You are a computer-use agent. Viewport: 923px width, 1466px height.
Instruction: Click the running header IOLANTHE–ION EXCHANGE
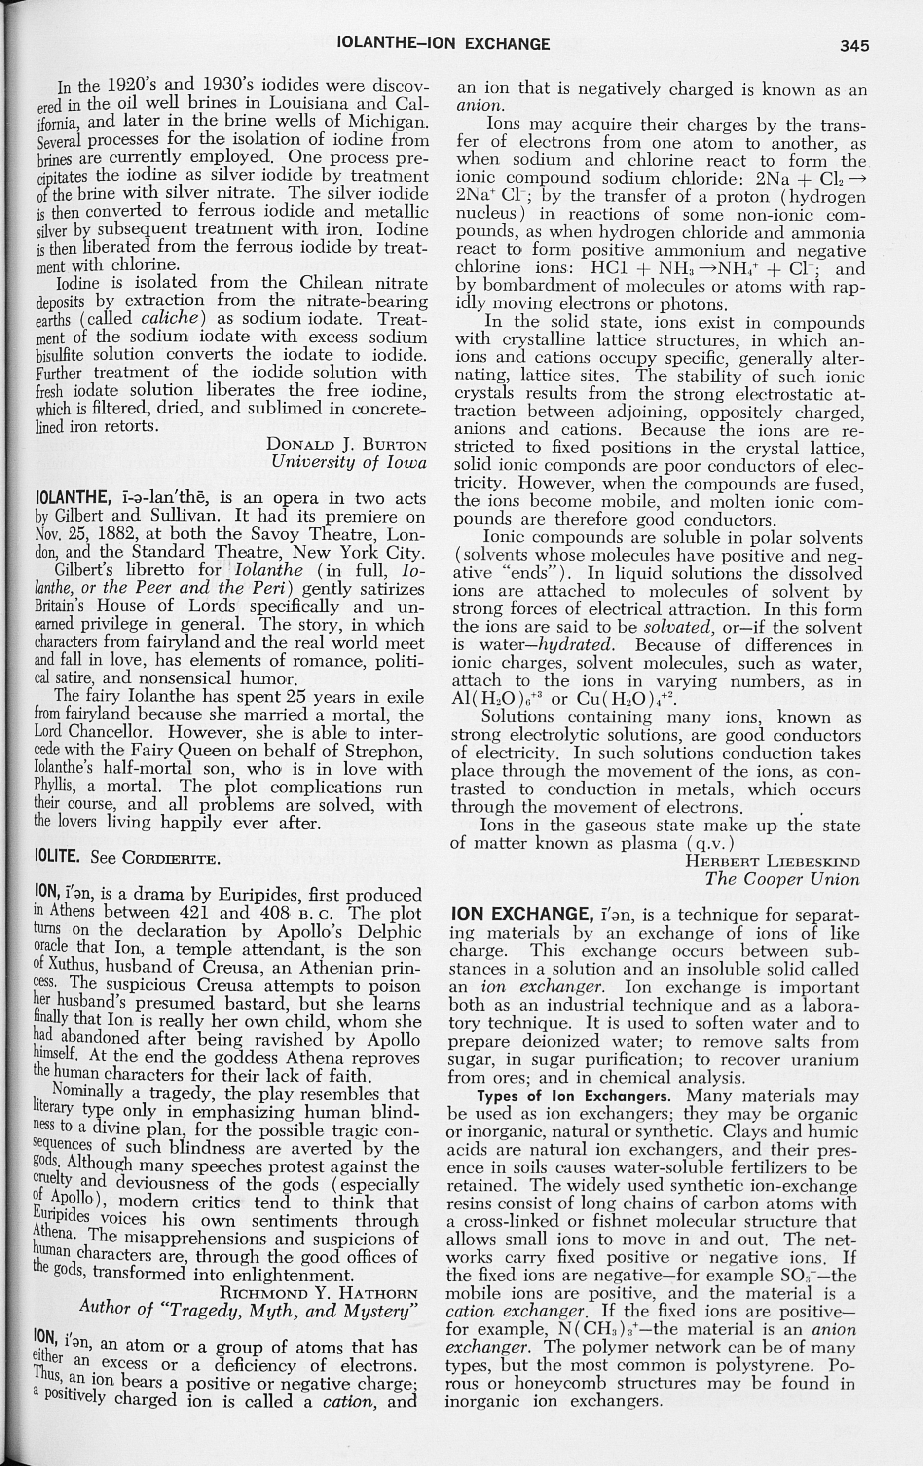[x=443, y=44]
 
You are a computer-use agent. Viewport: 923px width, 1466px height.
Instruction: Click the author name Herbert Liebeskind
[x=773, y=862]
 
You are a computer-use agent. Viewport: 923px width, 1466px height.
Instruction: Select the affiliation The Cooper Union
[x=782, y=880]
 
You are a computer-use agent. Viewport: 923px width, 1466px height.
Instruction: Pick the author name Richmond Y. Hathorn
[x=318, y=1292]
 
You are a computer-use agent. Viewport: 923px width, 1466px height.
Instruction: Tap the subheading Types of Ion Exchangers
[x=574, y=1096]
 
